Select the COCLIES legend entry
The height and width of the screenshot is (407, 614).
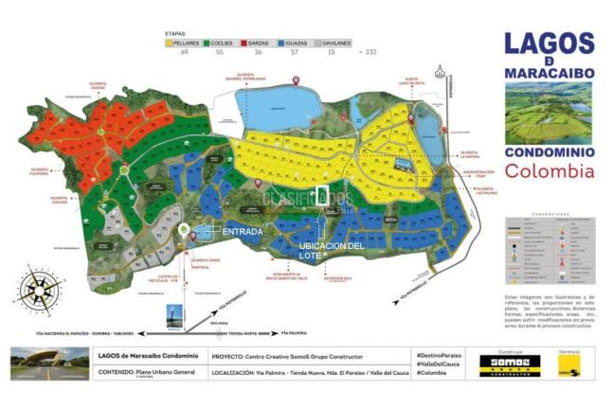[x=225, y=44]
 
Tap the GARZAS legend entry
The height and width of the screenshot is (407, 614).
[x=263, y=44]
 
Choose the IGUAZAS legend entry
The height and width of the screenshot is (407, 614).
[x=299, y=44]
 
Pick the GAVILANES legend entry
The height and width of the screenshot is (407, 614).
[x=337, y=44]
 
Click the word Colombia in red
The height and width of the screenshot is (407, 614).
[x=550, y=171]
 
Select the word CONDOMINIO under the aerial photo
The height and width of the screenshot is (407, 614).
[x=550, y=151]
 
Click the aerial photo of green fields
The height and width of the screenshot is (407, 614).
[x=549, y=111]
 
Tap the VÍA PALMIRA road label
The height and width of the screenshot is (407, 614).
[x=300, y=332]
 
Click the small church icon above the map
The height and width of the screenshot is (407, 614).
[x=440, y=71]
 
